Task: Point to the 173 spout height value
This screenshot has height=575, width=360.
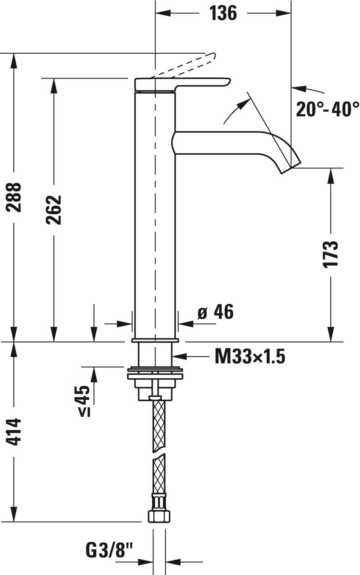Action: coord(330,254)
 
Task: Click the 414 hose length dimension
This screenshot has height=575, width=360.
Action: coord(14,432)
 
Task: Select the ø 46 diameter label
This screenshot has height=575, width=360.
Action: coord(215,312)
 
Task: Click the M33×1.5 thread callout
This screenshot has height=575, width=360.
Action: coord(249,356)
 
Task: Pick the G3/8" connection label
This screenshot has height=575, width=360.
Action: coord(109,551)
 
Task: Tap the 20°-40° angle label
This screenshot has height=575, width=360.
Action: coord(327,109)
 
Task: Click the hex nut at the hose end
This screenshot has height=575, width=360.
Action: coord(159,516)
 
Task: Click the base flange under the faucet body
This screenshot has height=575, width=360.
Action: coord(155,340)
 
